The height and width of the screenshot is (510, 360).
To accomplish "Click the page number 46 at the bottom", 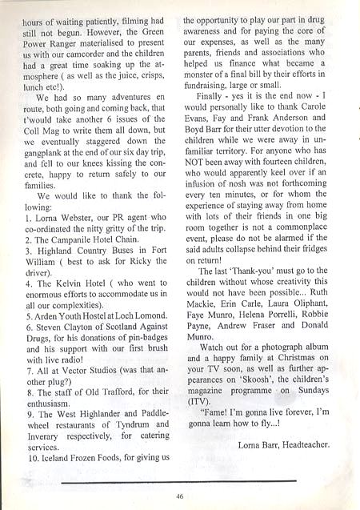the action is pyautogui.click(x=180, y=496).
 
